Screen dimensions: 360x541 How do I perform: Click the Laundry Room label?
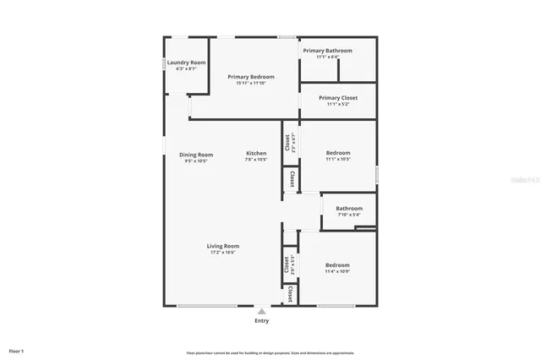[186, 63]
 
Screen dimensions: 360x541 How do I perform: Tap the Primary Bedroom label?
[251, 77]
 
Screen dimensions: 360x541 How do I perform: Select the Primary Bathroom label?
[328, 51]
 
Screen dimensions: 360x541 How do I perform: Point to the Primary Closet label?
[338, 98]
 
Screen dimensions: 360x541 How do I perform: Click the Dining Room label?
[196, 155]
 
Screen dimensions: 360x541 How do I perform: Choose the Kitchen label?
[256, 153]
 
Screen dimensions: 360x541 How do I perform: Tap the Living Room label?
[223, 246]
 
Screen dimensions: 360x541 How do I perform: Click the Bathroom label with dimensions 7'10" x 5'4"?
[349, 209]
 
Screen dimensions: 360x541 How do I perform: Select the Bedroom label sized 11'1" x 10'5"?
[338, 153]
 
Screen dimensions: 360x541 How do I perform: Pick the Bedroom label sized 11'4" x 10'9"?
[338, 265]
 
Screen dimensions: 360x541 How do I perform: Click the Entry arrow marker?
[261, 311]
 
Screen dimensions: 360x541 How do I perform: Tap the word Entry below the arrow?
[262, 321]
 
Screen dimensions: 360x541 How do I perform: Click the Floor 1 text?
[17, 350]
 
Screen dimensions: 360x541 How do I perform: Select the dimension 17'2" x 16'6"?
[223, 252]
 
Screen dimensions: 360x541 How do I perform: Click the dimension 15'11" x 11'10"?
[251, 83]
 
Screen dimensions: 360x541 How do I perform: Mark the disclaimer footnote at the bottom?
[270, 353]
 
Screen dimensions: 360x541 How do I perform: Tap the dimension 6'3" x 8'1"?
[186, 68]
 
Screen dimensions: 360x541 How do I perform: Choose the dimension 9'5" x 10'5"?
[196, 161]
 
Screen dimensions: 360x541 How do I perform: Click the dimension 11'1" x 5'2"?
[338, 104]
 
